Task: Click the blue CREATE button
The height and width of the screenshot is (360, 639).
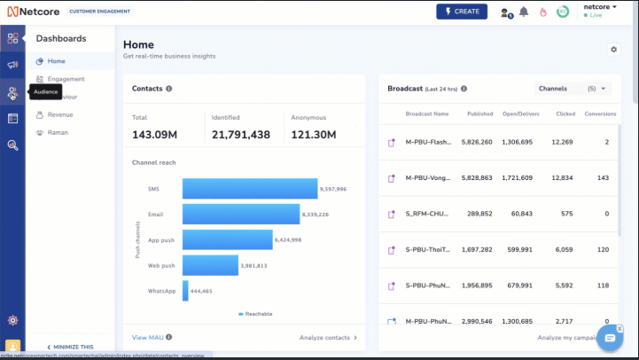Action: point(461,12)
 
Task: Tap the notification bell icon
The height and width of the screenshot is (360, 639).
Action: point(524,12)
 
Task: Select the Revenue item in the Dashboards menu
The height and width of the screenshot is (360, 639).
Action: point(60,114)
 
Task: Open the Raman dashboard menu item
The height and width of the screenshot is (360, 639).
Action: point(58,132)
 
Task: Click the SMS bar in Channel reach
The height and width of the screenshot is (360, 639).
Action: point(249,189)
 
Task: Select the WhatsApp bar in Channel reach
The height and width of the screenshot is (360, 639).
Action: point(185,291)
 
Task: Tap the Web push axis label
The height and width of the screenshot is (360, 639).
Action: point(161,265)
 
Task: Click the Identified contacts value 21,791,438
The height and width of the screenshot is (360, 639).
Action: point(240,135)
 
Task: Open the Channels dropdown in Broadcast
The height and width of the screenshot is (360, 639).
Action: point(573,89)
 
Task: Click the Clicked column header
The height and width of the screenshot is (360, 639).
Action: point(565,113)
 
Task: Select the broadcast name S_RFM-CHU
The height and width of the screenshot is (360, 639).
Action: point(427,214)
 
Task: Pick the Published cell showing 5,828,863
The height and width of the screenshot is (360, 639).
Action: point(477,177)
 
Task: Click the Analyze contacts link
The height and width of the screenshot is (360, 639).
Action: point(328,337)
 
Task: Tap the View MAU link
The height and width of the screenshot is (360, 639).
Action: point(147,337)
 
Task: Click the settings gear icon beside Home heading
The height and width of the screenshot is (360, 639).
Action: point(613,50)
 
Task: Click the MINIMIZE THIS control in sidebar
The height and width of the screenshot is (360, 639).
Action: point(70,347)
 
